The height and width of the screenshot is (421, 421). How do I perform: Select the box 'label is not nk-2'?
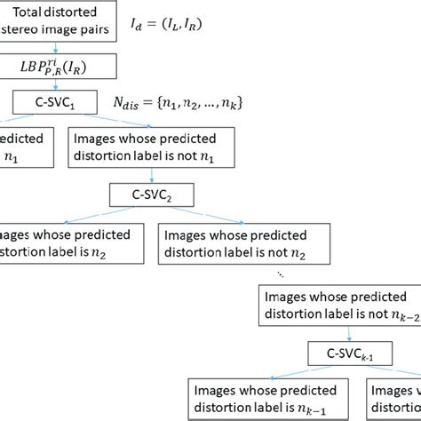[x=337, y=307]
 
